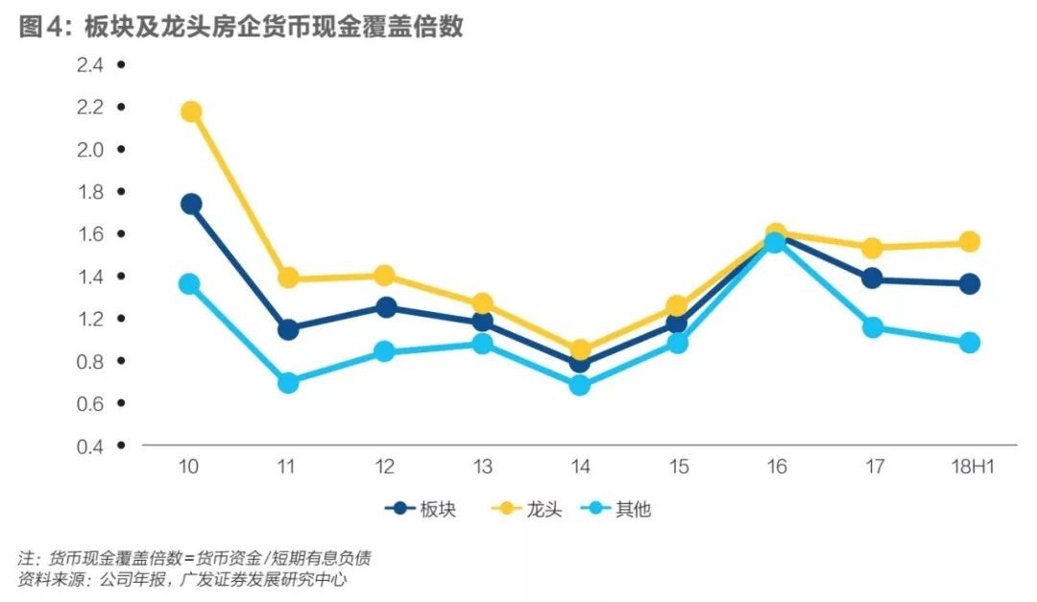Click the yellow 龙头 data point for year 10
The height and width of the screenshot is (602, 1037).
coord(190,111)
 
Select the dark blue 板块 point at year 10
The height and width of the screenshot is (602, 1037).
coord(190,204)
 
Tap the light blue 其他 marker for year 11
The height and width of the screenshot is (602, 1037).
coord(288,382)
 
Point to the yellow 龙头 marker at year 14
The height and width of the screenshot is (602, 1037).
coord(580,350)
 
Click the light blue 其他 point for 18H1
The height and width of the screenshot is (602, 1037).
coord(969,343)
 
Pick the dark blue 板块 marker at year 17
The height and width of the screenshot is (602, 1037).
coord(872,278)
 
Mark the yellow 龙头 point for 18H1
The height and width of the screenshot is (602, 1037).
coord(969,241)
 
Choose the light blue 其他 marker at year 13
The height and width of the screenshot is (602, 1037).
coord(483,343)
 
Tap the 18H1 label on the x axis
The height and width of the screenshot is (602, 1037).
coord(969,467)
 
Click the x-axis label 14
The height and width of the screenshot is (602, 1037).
coord(580,467)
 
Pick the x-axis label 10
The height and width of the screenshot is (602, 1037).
coord(189,467)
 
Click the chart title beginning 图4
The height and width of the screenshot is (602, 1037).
coord(241,26)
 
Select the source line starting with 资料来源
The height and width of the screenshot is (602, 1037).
coord(181,580)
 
